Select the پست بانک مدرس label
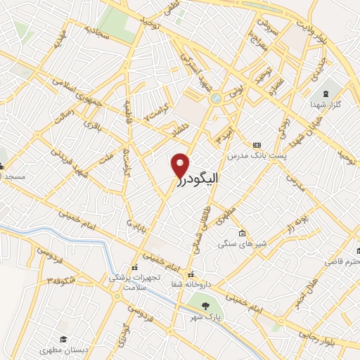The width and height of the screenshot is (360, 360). coord(256,154)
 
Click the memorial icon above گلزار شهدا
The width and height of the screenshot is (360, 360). coord(324,94)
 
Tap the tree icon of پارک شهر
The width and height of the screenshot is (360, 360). coord(205,306)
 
